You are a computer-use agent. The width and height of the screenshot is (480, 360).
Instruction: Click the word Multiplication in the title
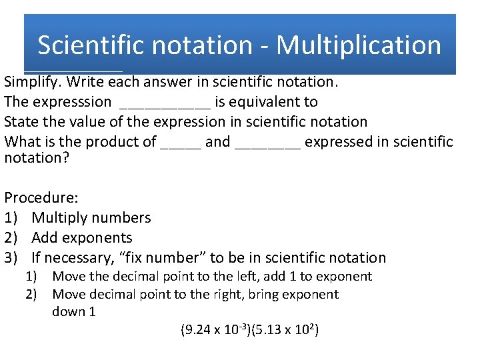click(359, 45)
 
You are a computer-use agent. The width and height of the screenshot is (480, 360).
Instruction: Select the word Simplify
click(32, 82)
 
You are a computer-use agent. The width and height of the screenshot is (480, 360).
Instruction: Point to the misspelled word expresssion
click(76, 102)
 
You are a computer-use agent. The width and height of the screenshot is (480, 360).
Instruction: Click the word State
click(20, 122)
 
